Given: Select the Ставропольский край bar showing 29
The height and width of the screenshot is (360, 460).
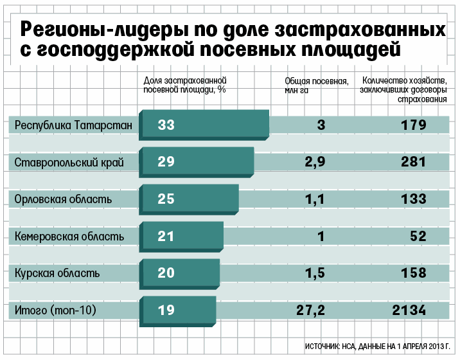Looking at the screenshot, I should pyautogui.click(x=197, y=162).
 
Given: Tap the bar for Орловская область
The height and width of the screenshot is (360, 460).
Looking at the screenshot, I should pyautogui.click(x=190, y=199).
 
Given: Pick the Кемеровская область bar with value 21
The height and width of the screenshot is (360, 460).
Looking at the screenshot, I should pyautogui.click(x=182, y=237).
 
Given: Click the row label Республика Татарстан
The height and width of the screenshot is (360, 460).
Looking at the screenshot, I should pyautogui.click(x=73, y=125).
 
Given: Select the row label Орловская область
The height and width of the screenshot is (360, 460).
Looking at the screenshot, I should pyautogui.click(x=63, y=199).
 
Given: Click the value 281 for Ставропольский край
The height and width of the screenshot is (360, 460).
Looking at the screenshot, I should pyautogui.click(x=413, y=162).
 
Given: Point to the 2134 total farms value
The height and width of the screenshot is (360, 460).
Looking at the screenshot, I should pyautogui.click(x=409, y=310).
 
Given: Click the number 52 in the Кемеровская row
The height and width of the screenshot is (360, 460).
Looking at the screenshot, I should pyautogui.click(x=418, y=237).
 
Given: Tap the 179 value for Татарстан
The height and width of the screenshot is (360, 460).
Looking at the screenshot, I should pyautogui.click(x=413, y=125).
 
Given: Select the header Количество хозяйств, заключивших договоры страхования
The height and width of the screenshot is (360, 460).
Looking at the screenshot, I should pyautogui.click(x=404, y=90).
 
